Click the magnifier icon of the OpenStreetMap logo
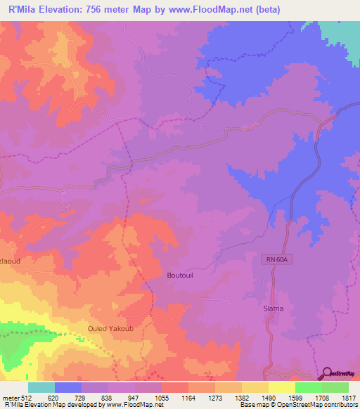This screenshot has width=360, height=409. pos(328,375)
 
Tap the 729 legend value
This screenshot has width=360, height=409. pos(82,397)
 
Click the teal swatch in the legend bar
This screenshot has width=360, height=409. pos(41,387)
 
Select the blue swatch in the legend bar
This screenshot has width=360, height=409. pos(68,387)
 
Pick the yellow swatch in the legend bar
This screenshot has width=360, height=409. pos(282,387)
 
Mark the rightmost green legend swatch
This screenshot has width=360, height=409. pos(335,387)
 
